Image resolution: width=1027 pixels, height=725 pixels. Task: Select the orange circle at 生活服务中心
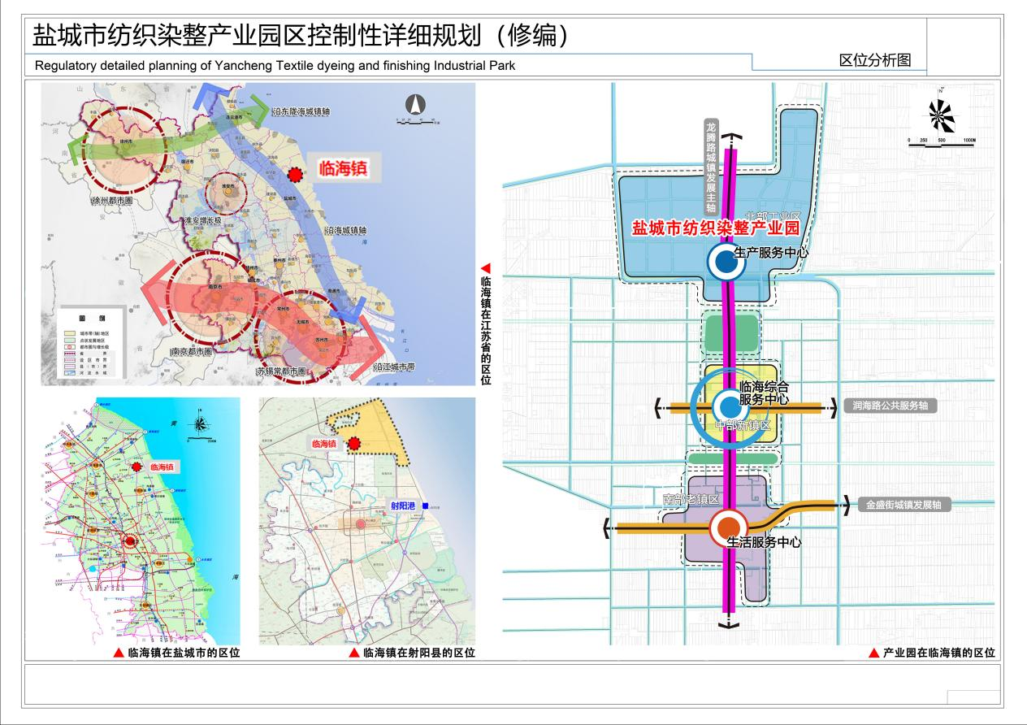729,527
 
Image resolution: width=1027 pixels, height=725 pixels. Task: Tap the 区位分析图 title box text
874,60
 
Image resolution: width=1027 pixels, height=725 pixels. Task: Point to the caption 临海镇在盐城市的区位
184,653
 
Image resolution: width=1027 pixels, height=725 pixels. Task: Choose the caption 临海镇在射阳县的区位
418,653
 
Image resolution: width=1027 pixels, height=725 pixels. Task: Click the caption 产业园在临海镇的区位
938,653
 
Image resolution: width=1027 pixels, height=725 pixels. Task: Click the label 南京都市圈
192,352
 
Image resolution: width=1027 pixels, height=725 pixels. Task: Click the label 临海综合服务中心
764,393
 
